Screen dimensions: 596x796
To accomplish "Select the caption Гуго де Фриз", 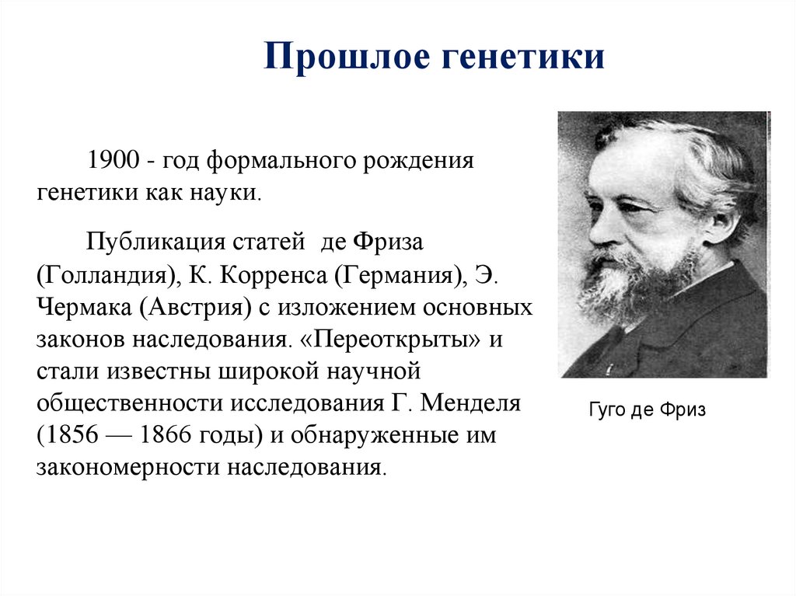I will coord(648,410).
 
